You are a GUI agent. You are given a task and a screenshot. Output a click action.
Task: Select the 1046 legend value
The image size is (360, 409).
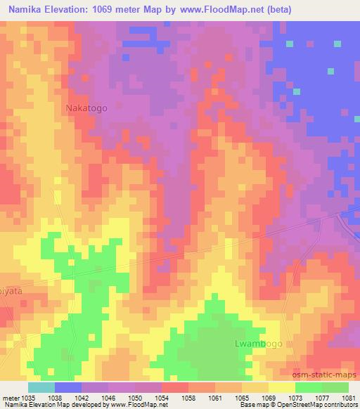[x=109, y=397]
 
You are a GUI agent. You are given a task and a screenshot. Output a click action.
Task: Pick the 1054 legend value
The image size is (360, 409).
[x=162, y=397]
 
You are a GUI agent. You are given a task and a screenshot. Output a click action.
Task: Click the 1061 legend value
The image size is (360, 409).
[x=215, y=397]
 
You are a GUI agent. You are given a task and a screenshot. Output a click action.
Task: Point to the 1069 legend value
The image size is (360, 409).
[x=269, y=397]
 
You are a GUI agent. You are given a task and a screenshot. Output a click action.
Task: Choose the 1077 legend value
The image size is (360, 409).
[x=322, y=397]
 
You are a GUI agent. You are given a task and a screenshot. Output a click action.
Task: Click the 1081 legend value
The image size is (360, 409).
[x=347, y=397]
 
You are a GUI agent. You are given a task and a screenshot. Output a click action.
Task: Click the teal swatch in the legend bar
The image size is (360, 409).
[x=41, y=387]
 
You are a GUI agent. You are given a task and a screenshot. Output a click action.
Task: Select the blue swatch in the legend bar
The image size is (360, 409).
[x=67, y=387]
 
